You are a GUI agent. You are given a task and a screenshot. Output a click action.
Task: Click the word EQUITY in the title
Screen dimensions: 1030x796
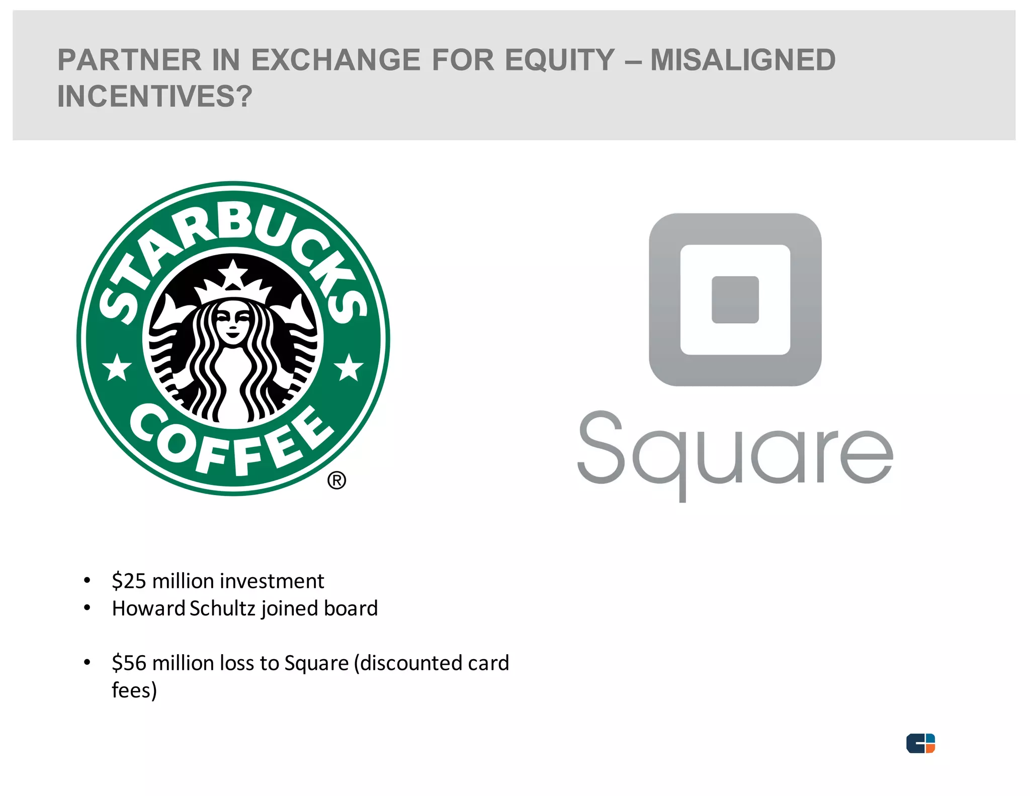tap(560, 60)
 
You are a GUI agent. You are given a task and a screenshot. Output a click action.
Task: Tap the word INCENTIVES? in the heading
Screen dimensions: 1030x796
tap(155, 96)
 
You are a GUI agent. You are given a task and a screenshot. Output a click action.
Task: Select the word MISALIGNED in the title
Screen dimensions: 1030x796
tap(743, 60)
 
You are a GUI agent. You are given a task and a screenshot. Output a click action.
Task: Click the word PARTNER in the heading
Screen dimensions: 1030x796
tap(129, 60)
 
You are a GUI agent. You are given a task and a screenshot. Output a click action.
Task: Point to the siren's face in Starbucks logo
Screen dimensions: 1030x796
tap(232, 322)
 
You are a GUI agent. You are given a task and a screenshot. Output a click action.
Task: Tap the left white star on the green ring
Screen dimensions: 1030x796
tap(117, 367)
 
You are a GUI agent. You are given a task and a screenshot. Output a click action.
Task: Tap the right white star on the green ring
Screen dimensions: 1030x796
tap(349, 367)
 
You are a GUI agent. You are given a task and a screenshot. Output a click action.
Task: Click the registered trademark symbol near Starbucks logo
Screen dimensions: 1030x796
tap(336, 481)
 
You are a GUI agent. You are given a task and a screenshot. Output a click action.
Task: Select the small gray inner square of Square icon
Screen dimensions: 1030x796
tap(735, 299)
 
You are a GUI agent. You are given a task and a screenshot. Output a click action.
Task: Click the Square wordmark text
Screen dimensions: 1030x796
tap(735, 454)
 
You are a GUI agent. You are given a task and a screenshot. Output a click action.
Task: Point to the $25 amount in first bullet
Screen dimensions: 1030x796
tap(129, 581)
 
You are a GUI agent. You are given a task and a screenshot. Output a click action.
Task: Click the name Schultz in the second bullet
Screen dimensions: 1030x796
tap(223, 608)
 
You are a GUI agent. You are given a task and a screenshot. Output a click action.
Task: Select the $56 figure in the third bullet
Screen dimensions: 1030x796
tap(129, 663)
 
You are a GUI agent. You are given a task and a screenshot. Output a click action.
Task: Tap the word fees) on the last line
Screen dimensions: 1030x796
tap(134, 690)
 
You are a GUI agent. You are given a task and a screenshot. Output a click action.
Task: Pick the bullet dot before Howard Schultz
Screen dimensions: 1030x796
tap(87, 608)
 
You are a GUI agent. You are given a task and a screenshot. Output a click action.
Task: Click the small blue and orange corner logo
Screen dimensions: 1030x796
tap(920, 743)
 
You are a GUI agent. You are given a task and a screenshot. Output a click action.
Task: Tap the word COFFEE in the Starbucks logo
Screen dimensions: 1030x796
tap(231, 443)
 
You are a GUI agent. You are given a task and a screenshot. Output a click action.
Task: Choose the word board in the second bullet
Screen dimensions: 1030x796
tap(351, 608)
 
